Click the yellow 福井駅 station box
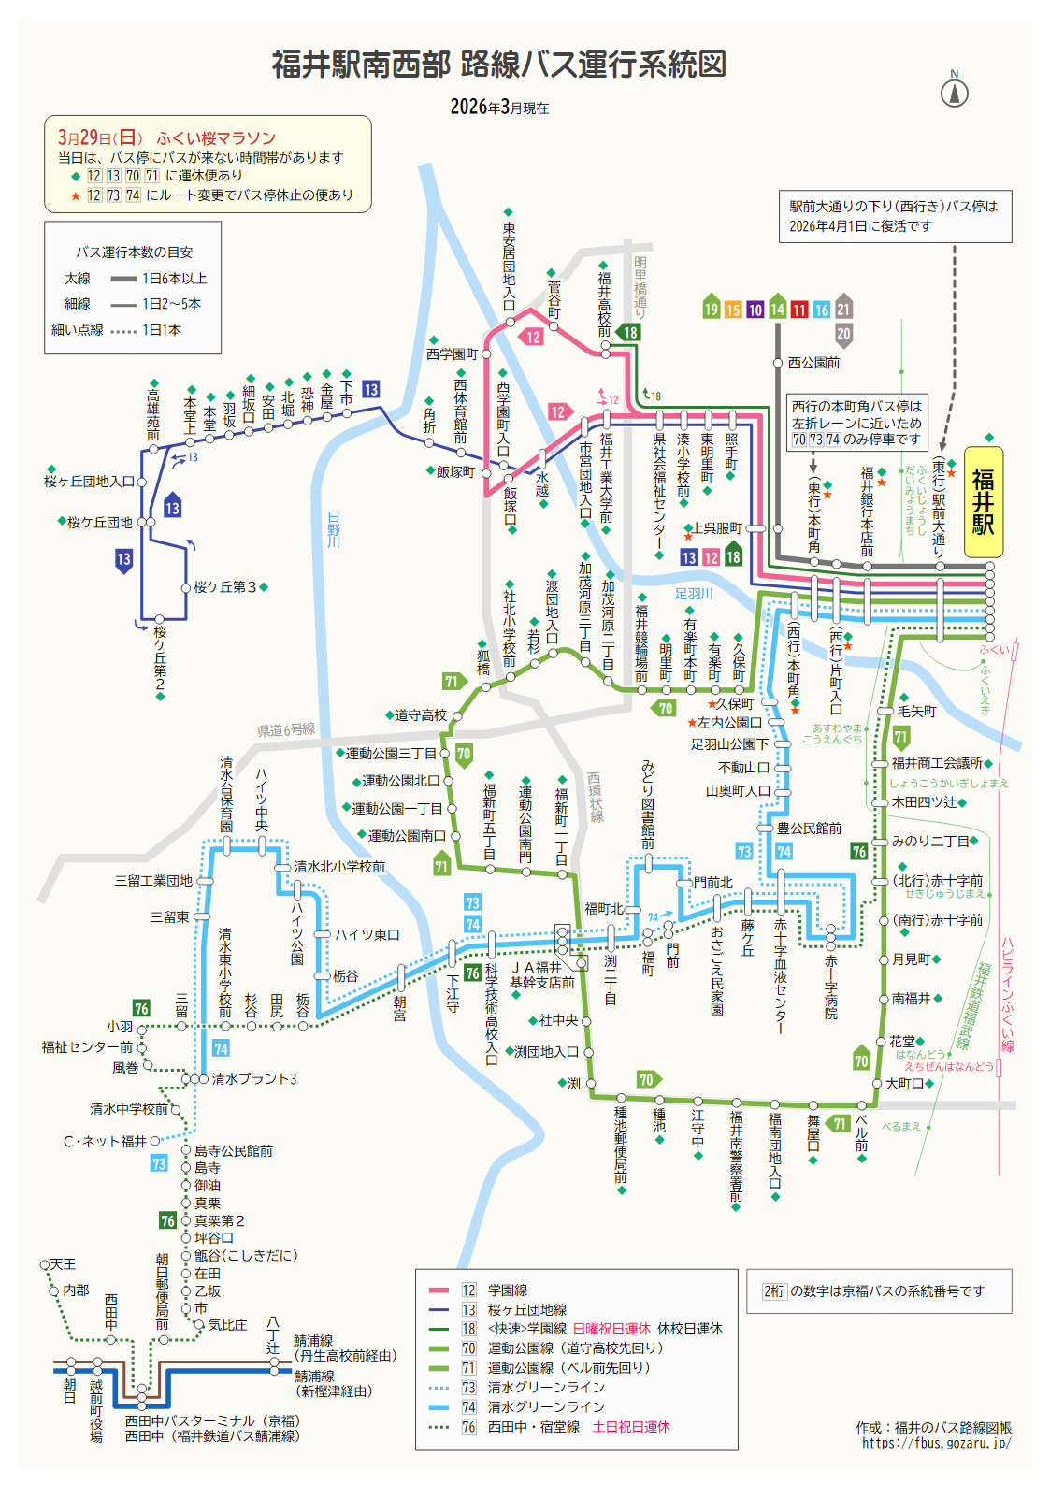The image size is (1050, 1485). [x=983, y=502]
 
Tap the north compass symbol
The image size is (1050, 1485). [x=954, y=92]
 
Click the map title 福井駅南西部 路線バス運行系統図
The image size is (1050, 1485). [x=498, y=65]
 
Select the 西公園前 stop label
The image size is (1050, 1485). [x=813, y=363]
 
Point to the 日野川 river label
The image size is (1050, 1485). [x=334, y=529]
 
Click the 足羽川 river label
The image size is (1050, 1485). [x=694, y=594]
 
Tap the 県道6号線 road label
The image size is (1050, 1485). [x=286, y=729]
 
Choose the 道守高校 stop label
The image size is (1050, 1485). [x=421, y=715]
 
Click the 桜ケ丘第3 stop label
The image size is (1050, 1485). [x=224, y=587]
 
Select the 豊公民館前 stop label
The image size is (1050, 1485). [x=810, y=829]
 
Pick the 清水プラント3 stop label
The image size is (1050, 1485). [x=254, y=1079]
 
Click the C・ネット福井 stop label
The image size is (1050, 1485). [x=105, y=1141]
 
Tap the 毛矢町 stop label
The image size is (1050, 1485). [x=916, y=712]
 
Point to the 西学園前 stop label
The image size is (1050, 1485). [x=452, y=354]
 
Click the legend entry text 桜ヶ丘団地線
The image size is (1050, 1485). [x=527, y=1310]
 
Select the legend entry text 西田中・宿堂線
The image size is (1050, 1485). [x=534, y=1427]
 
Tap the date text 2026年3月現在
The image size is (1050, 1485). [x=499, y=108]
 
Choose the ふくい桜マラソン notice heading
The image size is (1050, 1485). [x=216, y=137]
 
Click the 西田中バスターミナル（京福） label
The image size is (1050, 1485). [x=212, y=1420]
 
